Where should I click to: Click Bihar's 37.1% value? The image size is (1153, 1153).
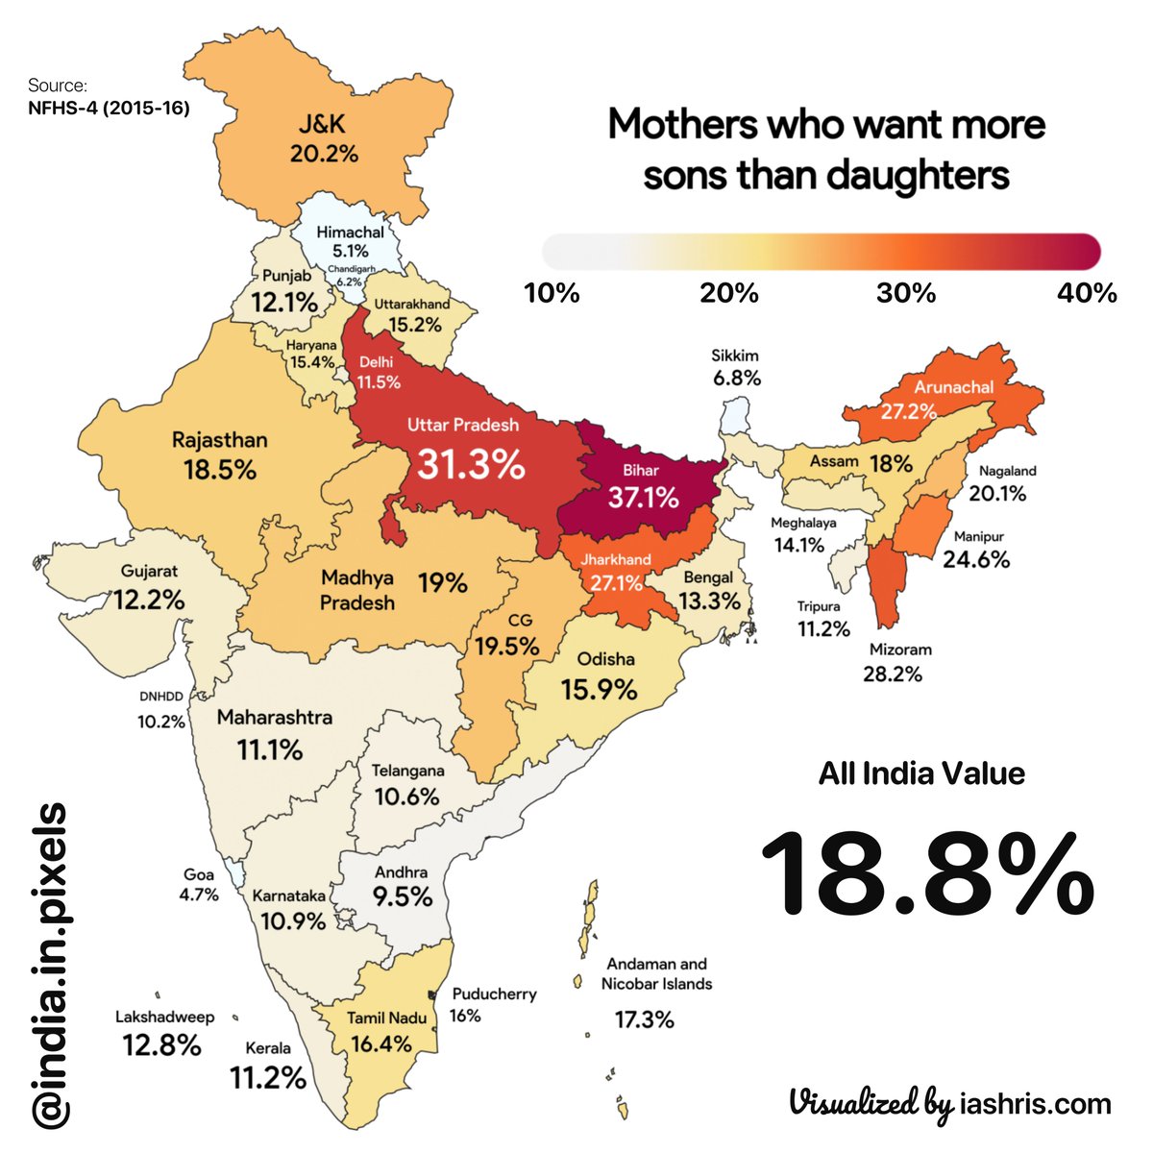click(x=643, y=498)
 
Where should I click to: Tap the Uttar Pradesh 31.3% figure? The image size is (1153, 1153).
click(x=471, y=465)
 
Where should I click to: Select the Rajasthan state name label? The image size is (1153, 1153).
click(x=219, y=440)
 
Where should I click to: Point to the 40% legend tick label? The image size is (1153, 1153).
click(x=1087, y=293)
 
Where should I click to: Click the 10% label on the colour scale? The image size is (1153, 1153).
click(x=552, y=293)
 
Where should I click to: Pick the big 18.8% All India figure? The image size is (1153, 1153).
click(x=927, y=874)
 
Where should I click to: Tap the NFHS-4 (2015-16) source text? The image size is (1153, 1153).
click(x=109, y=108)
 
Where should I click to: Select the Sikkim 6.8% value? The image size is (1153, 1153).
click(x=737, y=378)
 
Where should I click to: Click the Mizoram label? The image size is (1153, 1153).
click(x=900, y=650)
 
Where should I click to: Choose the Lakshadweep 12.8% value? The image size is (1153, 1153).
click(x=161, y=1044)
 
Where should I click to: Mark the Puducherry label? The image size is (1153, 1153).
click(x=494, y=994)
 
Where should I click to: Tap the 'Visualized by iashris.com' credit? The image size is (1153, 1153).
click(x=949, y=1103)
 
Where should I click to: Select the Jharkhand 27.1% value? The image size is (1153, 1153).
click(x=616, y=582)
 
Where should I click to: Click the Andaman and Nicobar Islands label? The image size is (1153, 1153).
click(x=657, y=973)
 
